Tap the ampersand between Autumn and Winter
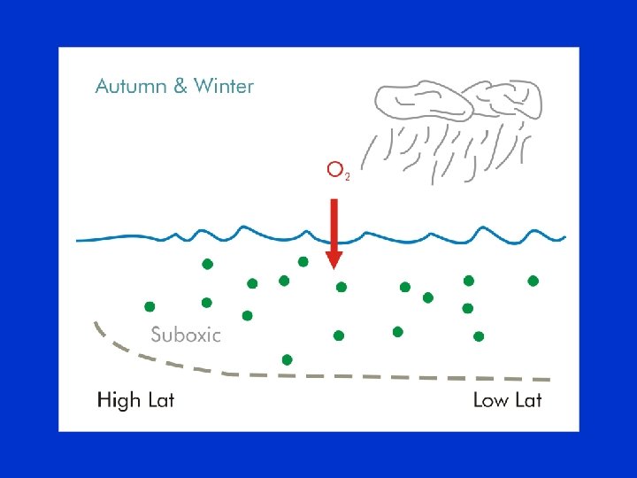click(180, 87)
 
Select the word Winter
click(223, 87)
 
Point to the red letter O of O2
click(334, 169)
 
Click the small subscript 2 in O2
click(348, 177)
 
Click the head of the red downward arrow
click(334, 258)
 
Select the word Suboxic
click(186, 335)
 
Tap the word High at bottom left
click(119, 400)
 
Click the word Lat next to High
click(160, 400)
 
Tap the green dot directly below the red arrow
click(341, 287)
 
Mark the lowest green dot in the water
click(287, 359)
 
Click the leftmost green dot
click(150, 306)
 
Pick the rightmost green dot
click(533, 281)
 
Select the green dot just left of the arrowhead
click(303, 261)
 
